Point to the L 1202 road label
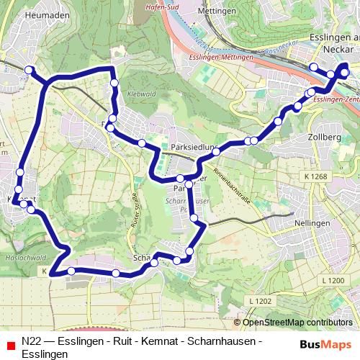(x=261, y=301)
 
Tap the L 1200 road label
(x=333, y=279)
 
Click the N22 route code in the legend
(x=31, y=341)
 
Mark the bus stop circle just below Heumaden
(x=30, y=70)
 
